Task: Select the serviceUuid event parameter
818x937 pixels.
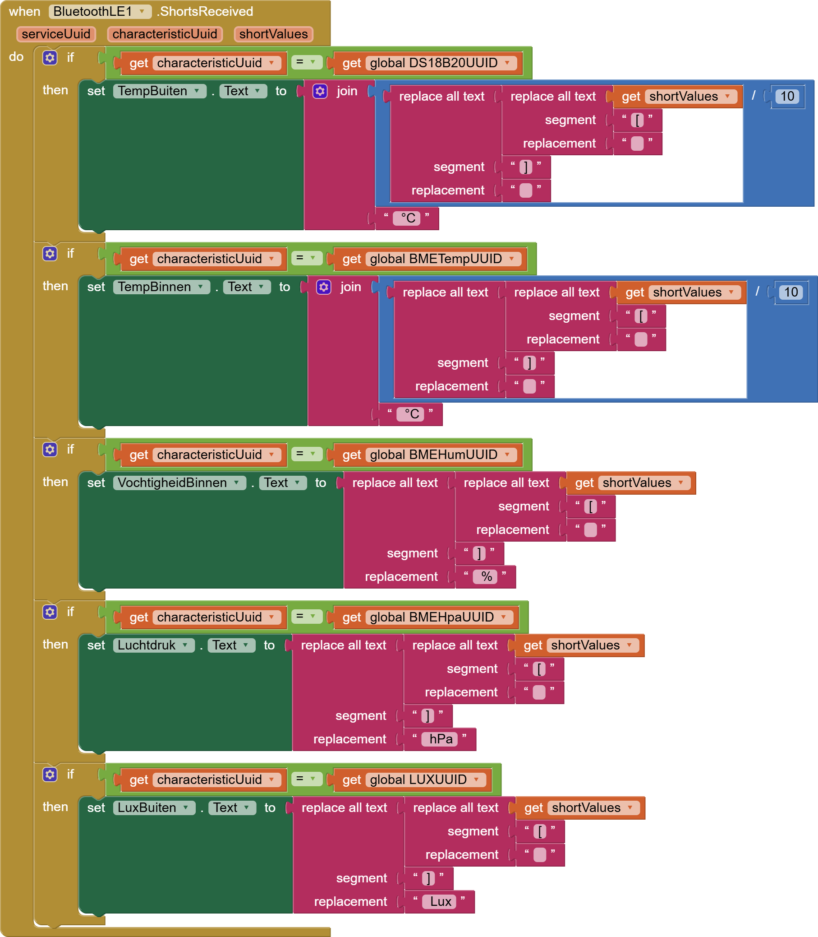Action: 55,34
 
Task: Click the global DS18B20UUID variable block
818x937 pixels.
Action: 434,63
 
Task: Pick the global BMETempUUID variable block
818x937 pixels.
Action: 436,259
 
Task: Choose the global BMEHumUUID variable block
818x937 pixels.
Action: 434,455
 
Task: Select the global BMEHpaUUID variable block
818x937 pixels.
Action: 432,617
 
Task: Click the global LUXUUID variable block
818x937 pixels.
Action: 418,780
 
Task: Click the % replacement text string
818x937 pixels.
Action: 487,577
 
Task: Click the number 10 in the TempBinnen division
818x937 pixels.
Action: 790,292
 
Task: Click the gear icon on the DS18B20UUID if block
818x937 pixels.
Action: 50,58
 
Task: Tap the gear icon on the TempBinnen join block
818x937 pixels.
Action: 324,288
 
